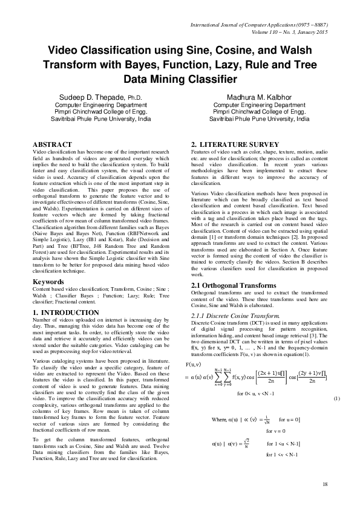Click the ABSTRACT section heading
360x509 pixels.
(51, 144)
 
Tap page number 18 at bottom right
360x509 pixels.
(325, 484)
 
